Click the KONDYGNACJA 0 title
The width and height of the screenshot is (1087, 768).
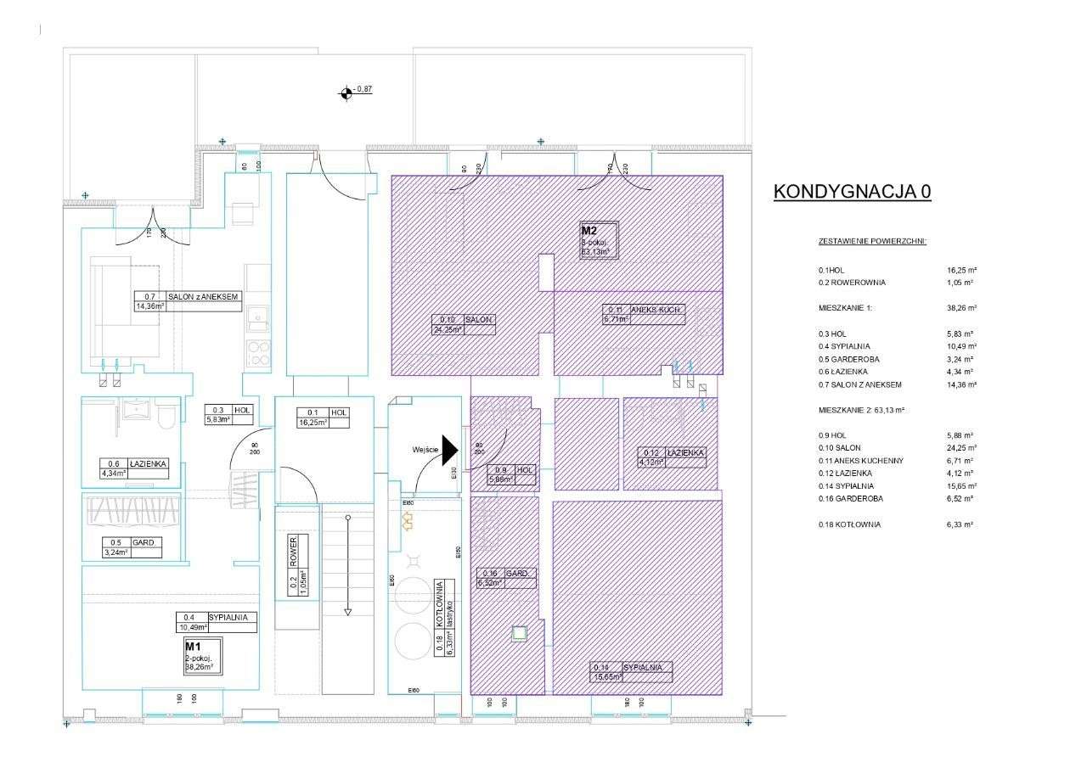click(x=852, y=192)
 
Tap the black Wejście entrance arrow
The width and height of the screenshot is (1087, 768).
click(x=448, y=450)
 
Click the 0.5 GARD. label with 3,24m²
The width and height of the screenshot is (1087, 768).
click(x=132, y=547)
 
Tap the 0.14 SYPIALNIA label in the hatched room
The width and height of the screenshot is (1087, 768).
click(x=631, y=671)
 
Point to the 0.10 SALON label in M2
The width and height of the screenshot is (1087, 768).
click(x=464, y=325)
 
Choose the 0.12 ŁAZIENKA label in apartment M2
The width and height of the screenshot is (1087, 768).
click(x=671, y=457)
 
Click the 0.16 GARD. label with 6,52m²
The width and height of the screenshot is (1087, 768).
click(x=506, y=578)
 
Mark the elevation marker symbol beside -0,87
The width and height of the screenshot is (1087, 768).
click(x=346, y=93)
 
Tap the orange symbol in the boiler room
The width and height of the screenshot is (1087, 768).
click(x=407, y=520)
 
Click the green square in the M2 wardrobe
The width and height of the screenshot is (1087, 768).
click(x=518, y=632)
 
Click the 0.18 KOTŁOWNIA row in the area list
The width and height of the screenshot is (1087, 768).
click(x=849, y=524)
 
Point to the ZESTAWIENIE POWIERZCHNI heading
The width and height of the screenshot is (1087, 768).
click(x=872, y=241)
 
